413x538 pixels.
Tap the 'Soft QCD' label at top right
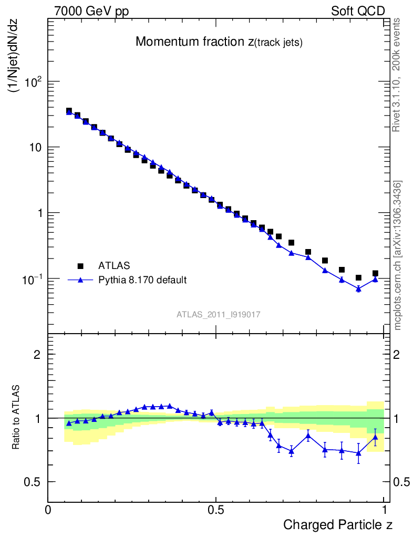pos(358,11)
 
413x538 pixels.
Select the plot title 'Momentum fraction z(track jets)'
pos(219,43)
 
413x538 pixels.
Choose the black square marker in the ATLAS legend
pos(81,266)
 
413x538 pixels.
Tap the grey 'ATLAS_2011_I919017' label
pos(219,314)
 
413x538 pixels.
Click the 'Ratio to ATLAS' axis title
pos(16,418)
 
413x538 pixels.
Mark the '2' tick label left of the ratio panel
pos(37,355)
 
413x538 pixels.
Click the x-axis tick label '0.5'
pos(215,510)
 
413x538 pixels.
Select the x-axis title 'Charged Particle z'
pos(338,525)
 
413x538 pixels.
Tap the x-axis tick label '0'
pos(48,510)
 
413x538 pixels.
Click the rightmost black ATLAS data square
pos(375,273)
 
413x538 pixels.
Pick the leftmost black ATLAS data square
pos(69,111)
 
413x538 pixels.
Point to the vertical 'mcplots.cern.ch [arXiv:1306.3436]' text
pos(398,255)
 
